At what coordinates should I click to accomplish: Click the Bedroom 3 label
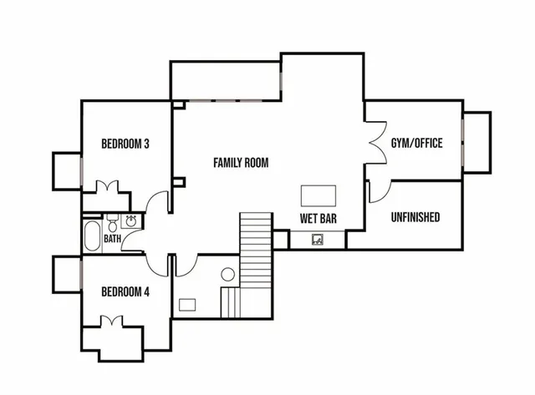[x=125, y=144]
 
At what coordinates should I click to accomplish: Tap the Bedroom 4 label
[x=125, y=291]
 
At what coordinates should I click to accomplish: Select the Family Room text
[x=241, y=162]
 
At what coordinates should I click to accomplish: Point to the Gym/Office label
[x=416, y=143]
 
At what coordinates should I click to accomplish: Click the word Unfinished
[x=415, y=218]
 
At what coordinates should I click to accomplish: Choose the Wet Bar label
[x=318, y=220]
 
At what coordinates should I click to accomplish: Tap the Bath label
[x=112, y=239]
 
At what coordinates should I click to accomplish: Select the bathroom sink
[x=130, y=221]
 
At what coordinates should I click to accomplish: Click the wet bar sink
[x=318, y=240]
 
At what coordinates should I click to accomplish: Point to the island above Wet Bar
[x=318, y=195]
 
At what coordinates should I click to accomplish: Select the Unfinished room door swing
[x=375, y=190]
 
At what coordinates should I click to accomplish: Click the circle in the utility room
[x=227, y=274]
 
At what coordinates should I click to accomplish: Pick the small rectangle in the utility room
[x=189, y=304]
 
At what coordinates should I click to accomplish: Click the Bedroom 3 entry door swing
[x=154, y=203]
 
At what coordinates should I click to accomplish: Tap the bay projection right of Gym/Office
[x=477, y=141]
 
